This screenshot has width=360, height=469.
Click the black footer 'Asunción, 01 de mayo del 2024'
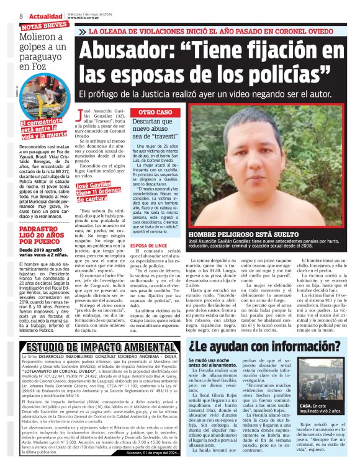pyautogui.click(x=150, y=452)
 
